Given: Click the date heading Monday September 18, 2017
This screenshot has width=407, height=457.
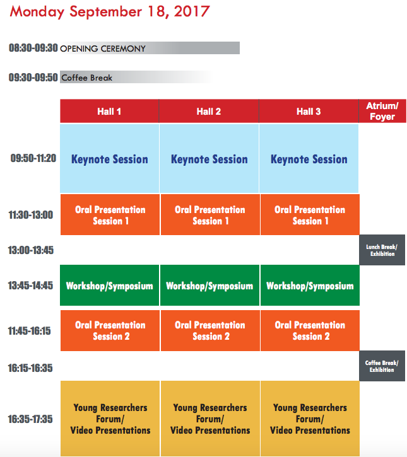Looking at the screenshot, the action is [x=110, y=12].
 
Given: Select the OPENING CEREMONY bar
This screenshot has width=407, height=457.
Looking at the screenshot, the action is [x=150, y=48].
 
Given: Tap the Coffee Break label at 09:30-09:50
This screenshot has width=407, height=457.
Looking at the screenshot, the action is [x=86, y=78].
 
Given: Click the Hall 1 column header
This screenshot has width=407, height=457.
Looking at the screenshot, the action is [x=109, y=111].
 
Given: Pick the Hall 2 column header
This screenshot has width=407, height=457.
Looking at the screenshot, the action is [x=209, y=111].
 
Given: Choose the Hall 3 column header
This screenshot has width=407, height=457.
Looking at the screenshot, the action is [x=309, y=111].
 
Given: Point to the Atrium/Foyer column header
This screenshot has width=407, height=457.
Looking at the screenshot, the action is [x=382, y=111].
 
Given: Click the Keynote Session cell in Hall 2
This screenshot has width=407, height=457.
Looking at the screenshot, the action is [x=209, y=159].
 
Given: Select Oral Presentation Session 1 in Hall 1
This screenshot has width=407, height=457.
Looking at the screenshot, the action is [x=110, y=215].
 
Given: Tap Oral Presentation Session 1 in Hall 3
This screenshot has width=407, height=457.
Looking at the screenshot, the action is [x=310, y=215].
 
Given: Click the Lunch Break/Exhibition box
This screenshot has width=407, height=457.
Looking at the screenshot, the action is [x=382, y=250].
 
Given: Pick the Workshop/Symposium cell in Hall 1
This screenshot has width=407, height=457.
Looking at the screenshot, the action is [x=109, y=286].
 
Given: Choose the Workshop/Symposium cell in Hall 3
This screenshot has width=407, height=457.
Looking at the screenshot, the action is [x=310, y=286].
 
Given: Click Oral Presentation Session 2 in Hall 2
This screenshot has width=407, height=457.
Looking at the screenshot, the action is [x=210, y=330].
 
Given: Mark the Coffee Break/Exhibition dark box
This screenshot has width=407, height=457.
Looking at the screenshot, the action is [x=382, y=366].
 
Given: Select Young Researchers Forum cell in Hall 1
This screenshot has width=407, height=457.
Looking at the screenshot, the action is [x=110, y=419].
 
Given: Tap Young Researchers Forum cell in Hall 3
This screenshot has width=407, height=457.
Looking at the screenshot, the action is [x=310, y=419].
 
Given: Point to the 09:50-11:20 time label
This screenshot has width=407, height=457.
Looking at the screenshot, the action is [x=33, y=158].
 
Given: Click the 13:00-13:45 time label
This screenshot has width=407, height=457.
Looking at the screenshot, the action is [x=31, y=250].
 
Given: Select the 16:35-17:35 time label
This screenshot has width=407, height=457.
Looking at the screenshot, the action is [x=30, y=419].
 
